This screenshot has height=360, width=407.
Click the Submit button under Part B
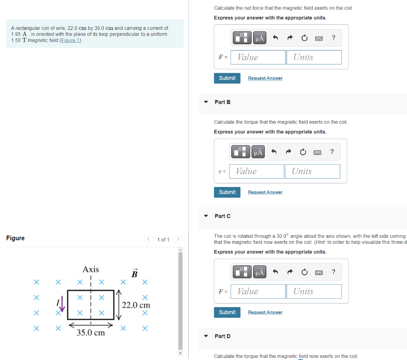227,192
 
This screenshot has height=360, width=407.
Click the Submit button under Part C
227,312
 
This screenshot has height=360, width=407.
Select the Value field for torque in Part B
257,171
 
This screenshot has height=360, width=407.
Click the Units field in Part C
314,292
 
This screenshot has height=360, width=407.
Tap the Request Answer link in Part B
265,192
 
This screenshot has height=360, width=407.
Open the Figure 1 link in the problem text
70,41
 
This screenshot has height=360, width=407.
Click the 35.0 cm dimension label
91,333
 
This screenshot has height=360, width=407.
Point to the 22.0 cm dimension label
136,305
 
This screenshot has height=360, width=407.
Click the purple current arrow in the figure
62,306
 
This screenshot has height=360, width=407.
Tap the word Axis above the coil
91,269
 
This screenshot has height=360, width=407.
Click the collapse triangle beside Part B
206,102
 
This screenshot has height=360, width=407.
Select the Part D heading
222,336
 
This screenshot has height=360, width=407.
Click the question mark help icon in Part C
333,272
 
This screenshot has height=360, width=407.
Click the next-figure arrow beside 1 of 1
178,239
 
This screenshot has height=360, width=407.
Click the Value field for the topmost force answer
258,57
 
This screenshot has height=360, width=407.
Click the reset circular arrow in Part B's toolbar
303,152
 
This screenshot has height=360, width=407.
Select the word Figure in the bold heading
16,238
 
